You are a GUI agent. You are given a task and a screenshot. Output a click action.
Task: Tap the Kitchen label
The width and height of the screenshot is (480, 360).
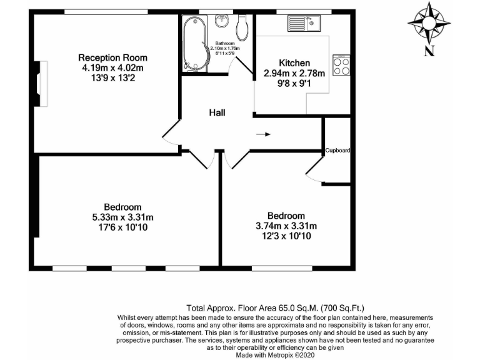click(294, 63)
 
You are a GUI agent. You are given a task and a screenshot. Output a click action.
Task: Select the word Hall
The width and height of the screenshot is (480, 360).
click(217, 113)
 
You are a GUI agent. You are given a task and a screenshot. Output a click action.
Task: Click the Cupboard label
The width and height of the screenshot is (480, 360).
click(337, 151)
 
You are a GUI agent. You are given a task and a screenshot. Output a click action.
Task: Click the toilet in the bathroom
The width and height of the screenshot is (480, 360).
click(243, 24)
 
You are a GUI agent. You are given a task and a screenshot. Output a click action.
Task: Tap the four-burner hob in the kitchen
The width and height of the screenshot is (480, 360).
click(341, 66)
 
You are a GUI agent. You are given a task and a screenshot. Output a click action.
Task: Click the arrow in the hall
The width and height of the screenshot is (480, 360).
click(264, 134)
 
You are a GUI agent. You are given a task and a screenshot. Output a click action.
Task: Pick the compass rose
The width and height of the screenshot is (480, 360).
click(429, 22)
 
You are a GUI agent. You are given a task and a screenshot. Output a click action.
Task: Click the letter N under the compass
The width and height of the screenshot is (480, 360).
click(429, 51)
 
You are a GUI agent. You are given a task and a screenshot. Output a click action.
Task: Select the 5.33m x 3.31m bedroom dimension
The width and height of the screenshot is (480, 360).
click(122, 217)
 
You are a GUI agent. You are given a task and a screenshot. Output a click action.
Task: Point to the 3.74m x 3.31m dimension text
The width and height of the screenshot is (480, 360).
click(286, 226)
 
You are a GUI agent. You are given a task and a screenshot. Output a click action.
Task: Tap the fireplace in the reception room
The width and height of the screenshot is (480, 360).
click(41, 82)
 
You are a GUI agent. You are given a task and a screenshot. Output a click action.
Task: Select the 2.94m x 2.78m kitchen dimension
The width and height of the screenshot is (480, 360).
click(294, 73)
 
